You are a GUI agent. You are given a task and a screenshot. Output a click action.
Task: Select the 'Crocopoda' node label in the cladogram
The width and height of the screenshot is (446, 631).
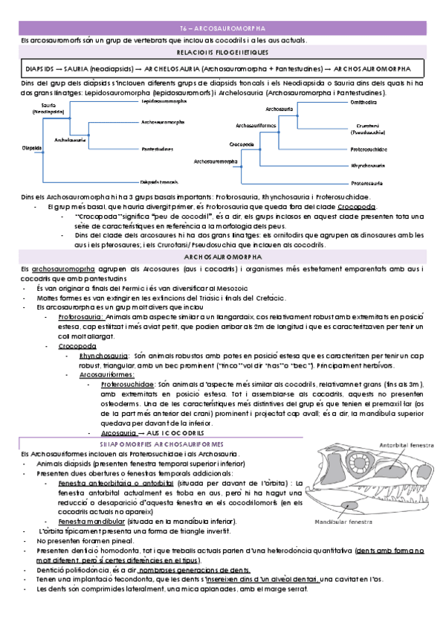pos(242,143)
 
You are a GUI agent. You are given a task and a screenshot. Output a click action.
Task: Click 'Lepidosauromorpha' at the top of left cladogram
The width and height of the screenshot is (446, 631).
pos(164,100)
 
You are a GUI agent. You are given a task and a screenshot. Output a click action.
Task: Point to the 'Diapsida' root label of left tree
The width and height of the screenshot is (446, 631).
pos(32,147)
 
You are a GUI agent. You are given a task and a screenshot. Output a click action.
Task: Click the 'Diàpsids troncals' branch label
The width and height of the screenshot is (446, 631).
pos(159,182)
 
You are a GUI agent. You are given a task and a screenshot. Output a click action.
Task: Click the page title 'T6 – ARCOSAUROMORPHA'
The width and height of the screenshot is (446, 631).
pos(223,28)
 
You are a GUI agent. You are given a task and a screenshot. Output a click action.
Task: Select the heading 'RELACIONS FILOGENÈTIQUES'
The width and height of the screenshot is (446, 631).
pos(223,54)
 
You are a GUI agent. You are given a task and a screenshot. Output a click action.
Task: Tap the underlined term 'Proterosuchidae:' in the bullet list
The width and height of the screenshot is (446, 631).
pos(125,384)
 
